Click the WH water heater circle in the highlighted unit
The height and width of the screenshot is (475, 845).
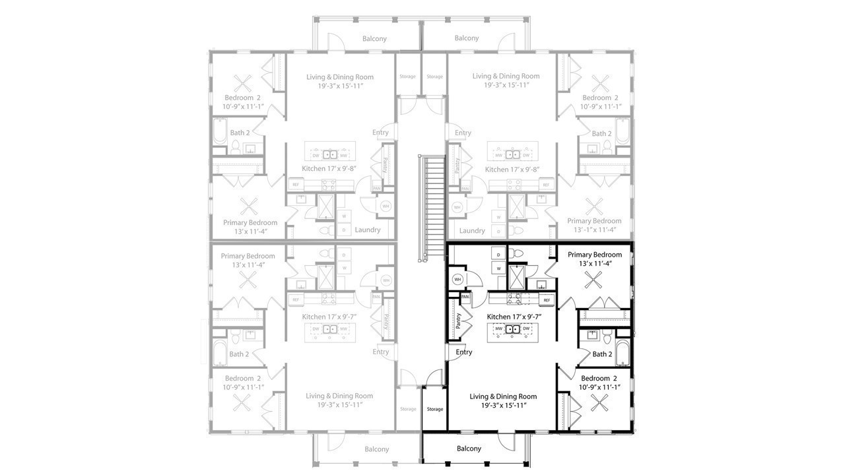[x=457, y=280]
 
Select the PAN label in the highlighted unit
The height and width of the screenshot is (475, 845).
[x=465, y=297]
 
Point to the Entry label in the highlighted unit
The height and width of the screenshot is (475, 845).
[x=464, y=352]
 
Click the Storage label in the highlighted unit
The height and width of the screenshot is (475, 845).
[x=435, y=409]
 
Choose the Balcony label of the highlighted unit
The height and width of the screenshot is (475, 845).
[x=469, y=449]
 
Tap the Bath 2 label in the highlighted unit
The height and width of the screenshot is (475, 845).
[x=601, y=354]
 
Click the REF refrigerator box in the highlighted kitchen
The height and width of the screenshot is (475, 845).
[x=546, y=300]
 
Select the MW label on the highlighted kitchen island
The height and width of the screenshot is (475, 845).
[x=499, y=329]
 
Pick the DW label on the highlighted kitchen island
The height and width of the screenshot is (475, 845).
[x=527, y=329]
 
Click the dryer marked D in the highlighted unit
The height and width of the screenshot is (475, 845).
[x=498, y=254]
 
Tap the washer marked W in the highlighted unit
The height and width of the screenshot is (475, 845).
[x=498, y=269]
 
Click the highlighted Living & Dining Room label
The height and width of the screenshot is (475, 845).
[x=503, y=396]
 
